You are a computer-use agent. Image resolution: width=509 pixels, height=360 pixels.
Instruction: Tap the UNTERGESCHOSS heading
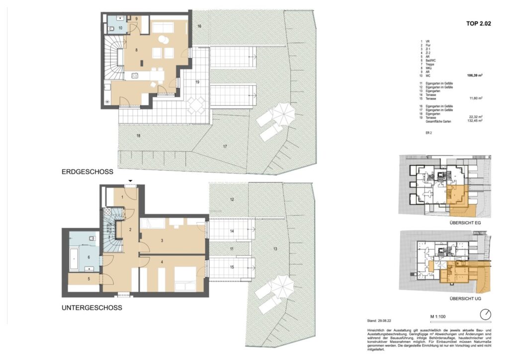click(x=92, y=308)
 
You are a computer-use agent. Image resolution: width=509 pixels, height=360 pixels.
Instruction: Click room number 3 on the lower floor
click(x=162, y=241)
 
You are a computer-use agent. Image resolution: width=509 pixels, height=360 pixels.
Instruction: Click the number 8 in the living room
click(x=129, y=50)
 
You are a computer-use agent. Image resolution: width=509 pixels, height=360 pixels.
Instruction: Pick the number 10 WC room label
click(x=121, y=28)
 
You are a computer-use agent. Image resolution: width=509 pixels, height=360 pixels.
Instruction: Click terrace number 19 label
click(x=197, y=82)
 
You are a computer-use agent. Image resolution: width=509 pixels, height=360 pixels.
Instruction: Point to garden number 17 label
click(x=225, y=146)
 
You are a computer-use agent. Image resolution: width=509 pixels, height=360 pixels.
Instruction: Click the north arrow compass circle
click(x=486, y=314)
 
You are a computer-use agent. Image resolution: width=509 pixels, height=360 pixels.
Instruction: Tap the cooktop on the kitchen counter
click(x=134, y=76)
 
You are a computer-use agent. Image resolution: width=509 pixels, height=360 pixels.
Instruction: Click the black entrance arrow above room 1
click(x=130, y=181)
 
